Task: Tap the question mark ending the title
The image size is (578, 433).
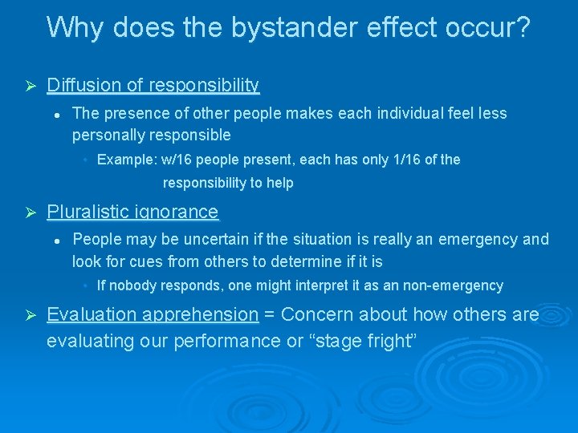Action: click(523, 27)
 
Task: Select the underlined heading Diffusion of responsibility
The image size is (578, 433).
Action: click(153, 85)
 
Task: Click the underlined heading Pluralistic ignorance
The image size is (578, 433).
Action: click(132, 212)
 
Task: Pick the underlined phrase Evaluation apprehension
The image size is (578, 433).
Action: click(153, 314)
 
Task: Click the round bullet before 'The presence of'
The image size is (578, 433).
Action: click(58, 114)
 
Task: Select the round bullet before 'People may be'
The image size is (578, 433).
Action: click(58, 240)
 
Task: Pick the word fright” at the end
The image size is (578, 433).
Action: click(389, 341)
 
